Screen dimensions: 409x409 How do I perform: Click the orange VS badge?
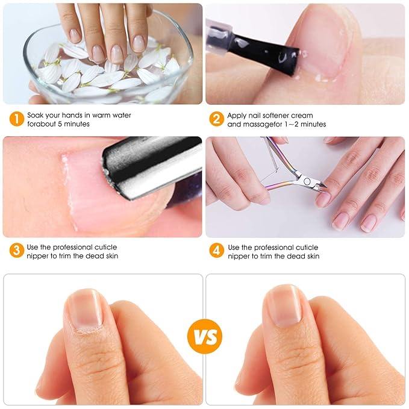204,336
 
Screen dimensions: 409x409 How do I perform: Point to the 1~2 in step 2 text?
290,124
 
